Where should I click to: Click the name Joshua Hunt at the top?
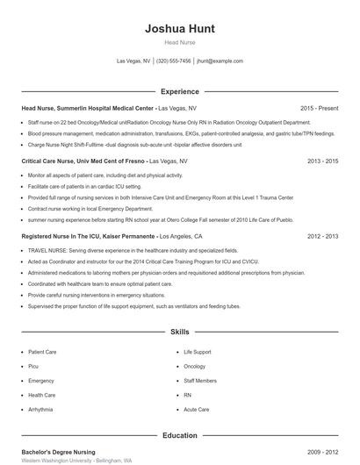179,28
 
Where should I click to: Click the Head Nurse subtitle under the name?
179,42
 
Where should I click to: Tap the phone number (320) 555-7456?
173,61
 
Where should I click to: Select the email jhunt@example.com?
220,61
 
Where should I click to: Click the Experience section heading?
179,91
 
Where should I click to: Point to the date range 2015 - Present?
319,109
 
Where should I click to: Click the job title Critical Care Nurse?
53,161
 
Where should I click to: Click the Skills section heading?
179,333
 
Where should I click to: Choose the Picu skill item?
33,366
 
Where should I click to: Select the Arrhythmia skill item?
40,409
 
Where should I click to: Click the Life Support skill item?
198,352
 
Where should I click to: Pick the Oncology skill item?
194,366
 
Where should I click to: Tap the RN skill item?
187,395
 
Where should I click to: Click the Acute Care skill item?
196,409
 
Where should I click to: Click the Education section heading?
179,435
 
